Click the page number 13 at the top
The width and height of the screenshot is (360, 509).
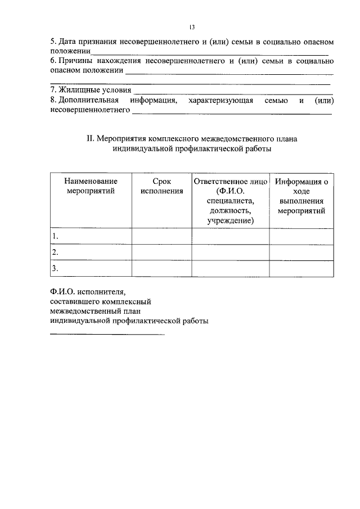click(192, 26)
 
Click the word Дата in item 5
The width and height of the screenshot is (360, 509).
click(70, 42)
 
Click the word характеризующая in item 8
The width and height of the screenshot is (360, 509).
click(217, 100)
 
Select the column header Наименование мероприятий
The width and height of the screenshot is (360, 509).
click(91, 186)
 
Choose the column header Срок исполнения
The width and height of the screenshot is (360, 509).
click(161, 186)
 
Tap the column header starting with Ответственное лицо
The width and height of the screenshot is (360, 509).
click(230, 201)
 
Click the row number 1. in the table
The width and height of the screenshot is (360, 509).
click(55, 236)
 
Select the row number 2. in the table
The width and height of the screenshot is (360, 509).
click(55, 252)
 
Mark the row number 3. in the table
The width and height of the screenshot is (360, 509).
click(55, 268)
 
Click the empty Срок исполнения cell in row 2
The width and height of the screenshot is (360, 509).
click(161, 252)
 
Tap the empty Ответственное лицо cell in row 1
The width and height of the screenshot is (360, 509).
click(230, 236)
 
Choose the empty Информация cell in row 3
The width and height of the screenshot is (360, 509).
click(301, 268)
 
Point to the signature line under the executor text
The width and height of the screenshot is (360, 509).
click(107, 335)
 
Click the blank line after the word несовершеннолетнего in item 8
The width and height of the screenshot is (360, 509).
click(231, 113)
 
